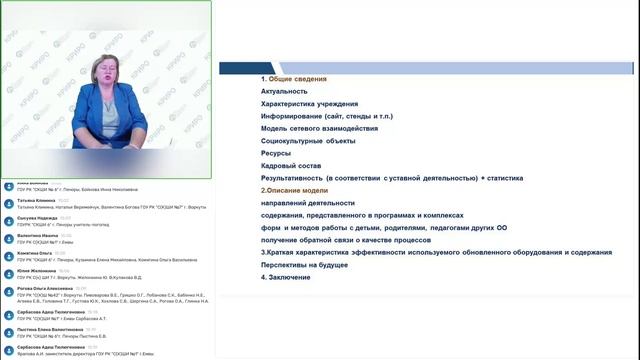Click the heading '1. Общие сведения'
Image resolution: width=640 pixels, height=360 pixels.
coord(294,78)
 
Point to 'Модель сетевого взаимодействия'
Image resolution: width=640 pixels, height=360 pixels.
coord(313,129)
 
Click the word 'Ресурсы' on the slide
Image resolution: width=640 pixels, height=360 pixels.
coord(277,154)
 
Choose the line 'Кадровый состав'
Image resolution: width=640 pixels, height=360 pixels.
coord(292,166)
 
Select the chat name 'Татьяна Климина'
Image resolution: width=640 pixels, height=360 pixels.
coord(35,201)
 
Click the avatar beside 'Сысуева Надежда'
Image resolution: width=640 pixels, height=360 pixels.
coord(8,220)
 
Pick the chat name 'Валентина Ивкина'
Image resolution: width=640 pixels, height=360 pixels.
coord(37,236)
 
